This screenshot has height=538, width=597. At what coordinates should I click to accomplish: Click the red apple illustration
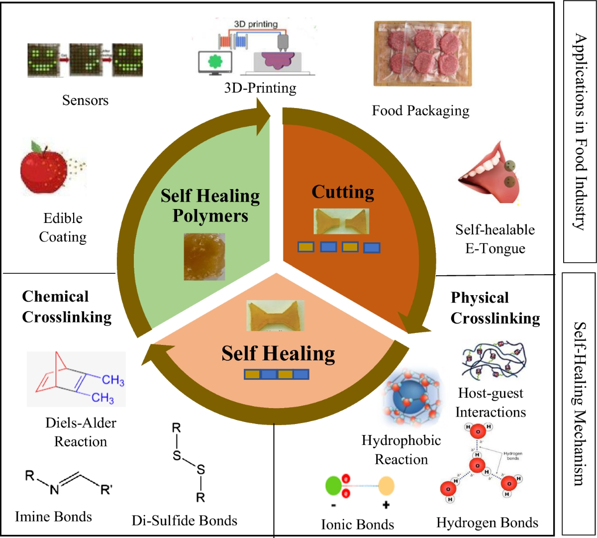44,168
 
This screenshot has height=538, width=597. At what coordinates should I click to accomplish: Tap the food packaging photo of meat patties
422,53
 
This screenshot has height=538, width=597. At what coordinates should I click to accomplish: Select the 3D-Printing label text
260,88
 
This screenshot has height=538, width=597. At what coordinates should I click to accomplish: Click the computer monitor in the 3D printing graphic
215,63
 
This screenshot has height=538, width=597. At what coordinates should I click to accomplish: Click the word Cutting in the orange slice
343,192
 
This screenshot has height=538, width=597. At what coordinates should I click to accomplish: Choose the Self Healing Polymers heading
210,206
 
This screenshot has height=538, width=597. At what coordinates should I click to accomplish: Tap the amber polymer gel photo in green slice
204,256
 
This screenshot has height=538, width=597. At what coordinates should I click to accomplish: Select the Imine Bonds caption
53,516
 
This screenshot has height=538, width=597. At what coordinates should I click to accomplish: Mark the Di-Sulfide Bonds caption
184,521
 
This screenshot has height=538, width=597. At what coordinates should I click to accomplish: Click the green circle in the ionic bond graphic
333,486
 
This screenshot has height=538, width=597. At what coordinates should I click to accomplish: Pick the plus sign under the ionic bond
386,505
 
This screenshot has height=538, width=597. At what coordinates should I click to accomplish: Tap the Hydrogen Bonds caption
487,523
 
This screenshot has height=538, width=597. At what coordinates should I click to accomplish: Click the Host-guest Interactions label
491,403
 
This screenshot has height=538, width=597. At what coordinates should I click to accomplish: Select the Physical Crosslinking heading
495,308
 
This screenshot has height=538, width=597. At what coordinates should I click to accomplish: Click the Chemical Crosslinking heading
67,307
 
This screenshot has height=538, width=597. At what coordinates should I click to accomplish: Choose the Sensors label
85,100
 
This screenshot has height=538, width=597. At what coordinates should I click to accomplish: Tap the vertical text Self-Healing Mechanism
579,403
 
